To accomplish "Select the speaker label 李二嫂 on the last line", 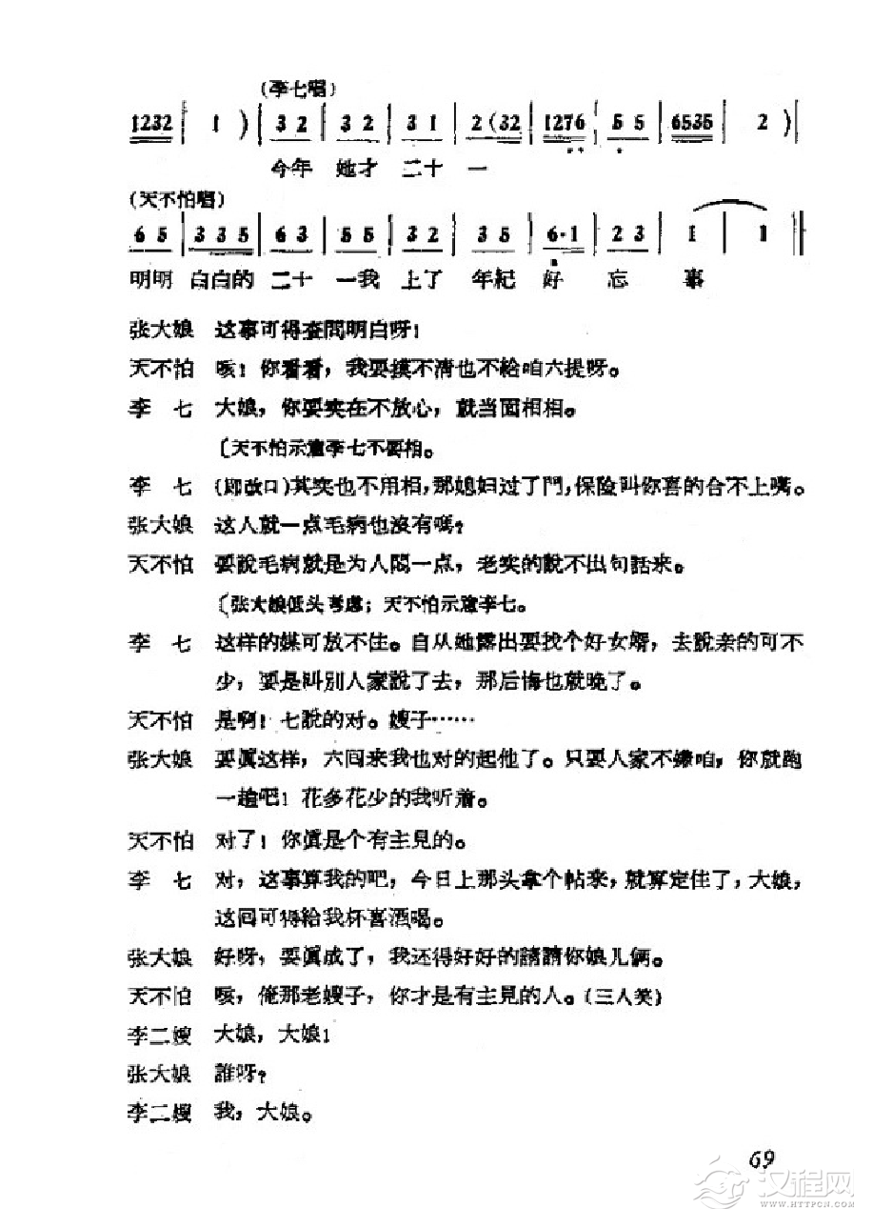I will click(x=160, y=1111).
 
